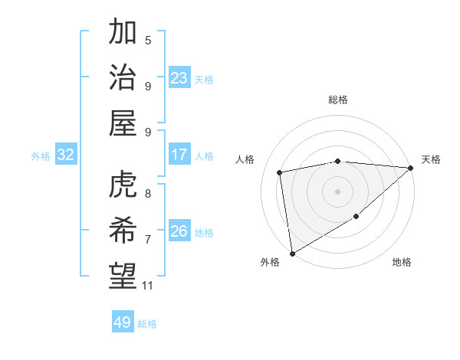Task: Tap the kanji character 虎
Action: (x=123, y=185)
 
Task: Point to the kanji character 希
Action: (x=123, y=230)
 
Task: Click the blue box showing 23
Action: (x=179, y=77)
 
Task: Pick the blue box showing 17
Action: (x=179, y=155)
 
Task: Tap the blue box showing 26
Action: (x=179, y=231)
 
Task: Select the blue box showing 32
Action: (x=66, y=155)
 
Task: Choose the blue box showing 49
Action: (x=123, y=322)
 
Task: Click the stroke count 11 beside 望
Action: (x=148, y=286)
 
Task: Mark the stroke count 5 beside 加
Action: (x=148, y=40)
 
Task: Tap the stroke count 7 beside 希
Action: (x=148, y=240)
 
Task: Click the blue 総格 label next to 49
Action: (x=147, y=324)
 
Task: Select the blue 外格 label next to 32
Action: (x=41, y=156)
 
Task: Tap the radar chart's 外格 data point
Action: (x=292, y=253)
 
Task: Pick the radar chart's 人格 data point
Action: (x=280, y=172)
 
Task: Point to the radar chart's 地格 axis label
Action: (x=402, y=263)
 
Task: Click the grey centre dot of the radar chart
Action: (x=337, y=191)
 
